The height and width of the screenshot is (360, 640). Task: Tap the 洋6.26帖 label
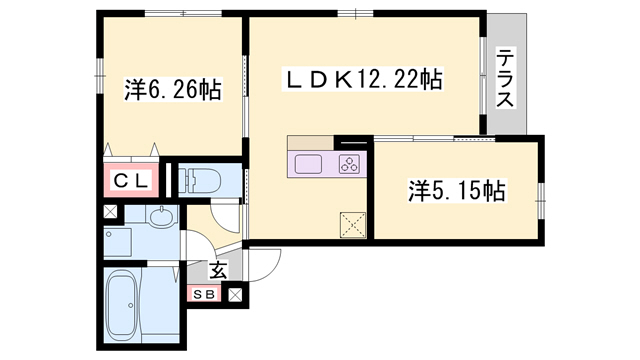[x=172, y=90]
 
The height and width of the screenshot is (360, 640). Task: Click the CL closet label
[x=130, y=181]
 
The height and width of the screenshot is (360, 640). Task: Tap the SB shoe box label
[x=204, y=294]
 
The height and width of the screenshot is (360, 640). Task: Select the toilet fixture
[x=205, y=181]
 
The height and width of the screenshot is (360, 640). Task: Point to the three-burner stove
[x=350, y=164]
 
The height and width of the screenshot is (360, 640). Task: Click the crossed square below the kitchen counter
[x=352, y=223]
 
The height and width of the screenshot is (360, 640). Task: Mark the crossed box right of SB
[x=236, y=294]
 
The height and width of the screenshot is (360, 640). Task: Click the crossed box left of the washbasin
[x=109, y=214]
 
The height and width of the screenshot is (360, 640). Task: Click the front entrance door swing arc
[x=262, y=262]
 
